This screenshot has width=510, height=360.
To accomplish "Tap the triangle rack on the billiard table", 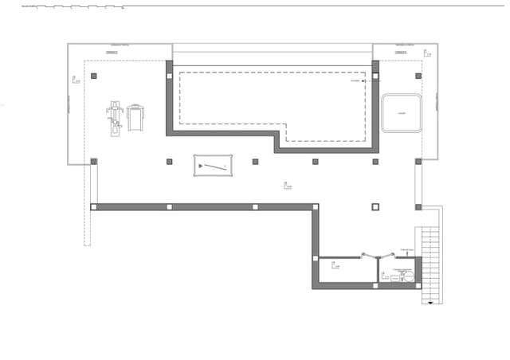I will (202, 166).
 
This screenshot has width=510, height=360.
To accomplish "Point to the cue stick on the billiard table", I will (214, 167).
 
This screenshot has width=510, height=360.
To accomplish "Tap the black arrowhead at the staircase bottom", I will (432, 302).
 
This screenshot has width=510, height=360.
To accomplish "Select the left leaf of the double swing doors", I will (369, 256).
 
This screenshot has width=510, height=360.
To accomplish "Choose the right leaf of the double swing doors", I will (387, 256).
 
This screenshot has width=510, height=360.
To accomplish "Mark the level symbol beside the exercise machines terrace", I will (75, 79).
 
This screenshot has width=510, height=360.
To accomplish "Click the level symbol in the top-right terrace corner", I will (427, 54).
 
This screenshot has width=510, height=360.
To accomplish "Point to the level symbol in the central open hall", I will (287, 186).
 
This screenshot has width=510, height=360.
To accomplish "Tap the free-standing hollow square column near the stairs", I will (375, 207).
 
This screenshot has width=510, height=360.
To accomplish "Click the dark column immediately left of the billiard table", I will (170, 162).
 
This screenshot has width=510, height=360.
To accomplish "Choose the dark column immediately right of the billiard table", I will (255, 162).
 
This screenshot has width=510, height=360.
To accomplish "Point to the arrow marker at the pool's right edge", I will (363, 80).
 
